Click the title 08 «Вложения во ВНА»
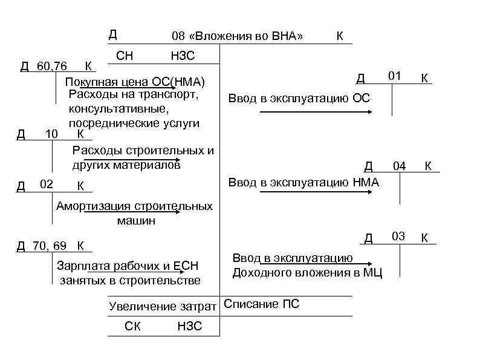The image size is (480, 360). (237, 36)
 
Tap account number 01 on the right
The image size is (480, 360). (395, 76)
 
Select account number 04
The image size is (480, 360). (400, 165)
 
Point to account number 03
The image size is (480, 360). (398, 235)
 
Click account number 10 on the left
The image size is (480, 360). (51, 133)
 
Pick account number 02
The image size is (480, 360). (46, 183)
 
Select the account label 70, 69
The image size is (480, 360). (51, 245)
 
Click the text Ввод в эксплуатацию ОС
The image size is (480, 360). (299, 99)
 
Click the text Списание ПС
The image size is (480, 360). (261, 304)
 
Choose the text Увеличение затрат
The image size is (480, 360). (162, 306)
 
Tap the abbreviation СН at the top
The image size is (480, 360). (125, 56)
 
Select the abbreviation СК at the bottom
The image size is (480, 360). (132, 327)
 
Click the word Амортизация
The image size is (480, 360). (89, 206)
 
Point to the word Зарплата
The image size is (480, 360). (80, 266)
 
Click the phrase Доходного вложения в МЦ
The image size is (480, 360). (307, 272)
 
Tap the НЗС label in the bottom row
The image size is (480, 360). (190, 327)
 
